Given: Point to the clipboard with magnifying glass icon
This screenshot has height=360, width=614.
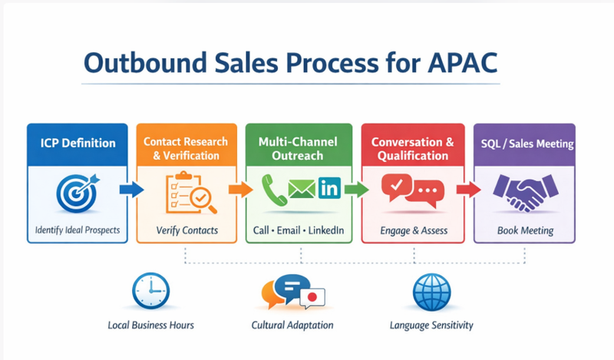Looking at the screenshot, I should [x=190, y=193].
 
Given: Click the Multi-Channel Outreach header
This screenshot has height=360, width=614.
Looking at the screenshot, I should [x=299, y=148].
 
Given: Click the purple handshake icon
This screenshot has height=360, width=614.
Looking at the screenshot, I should [x=524, y=192].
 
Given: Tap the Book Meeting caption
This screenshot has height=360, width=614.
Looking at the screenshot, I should [x=525, y=230].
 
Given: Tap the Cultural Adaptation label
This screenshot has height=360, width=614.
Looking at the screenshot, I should [x=292, y=325].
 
